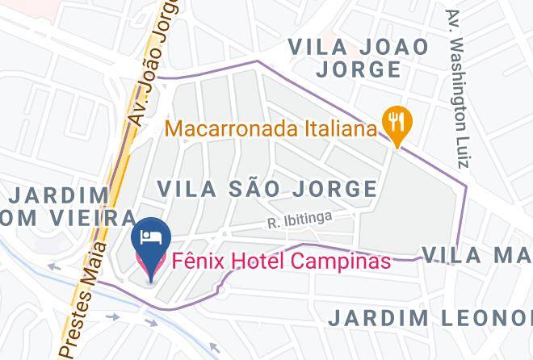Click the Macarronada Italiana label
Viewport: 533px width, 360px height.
click(272, 128)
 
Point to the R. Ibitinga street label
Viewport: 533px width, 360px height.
click(300, 219)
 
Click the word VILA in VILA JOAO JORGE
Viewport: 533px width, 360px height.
click(321, 46)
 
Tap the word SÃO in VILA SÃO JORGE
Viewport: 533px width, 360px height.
click(258, 189)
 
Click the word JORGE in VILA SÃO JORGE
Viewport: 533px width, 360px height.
click(335, 189)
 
